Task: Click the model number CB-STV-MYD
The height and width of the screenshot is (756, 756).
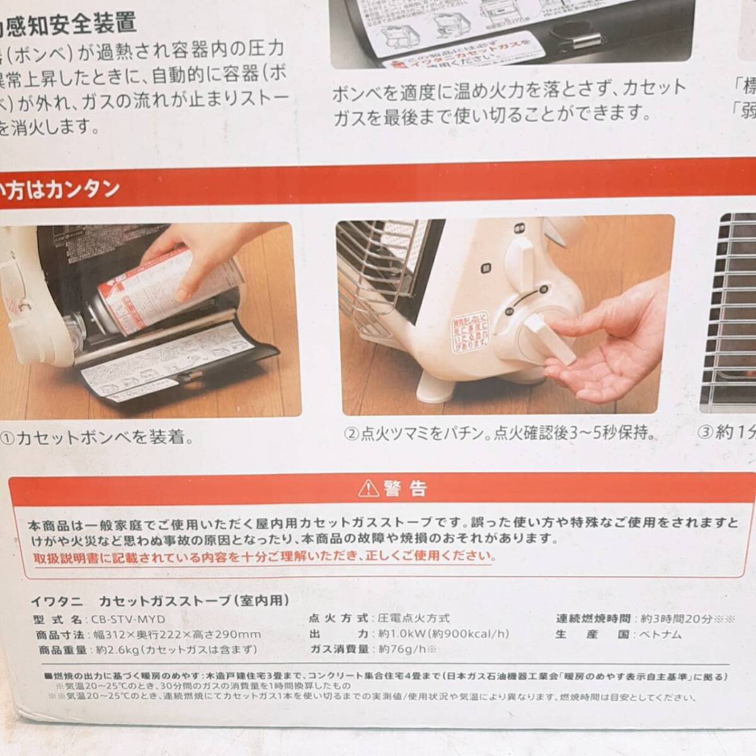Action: click(x=128, y=619)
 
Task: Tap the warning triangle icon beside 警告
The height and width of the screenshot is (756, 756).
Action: click(x=367, y=488)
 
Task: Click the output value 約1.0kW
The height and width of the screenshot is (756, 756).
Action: click(x=443, y=634)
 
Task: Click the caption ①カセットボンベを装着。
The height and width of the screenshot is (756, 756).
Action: click(x=98, y=437)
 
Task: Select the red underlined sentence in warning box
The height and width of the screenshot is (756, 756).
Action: click(x=265, y=556)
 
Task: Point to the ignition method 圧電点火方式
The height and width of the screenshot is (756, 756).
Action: click(x=413, y=619)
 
